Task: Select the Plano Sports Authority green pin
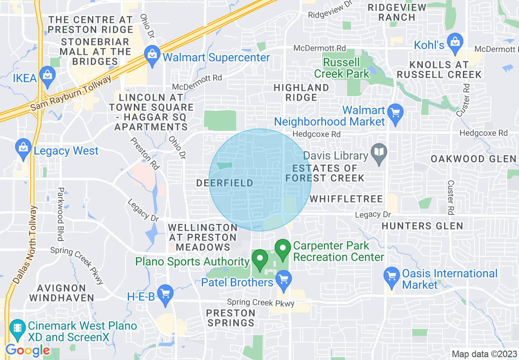click(259, 259)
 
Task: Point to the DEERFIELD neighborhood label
click(225, 183)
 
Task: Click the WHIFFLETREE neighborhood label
click(346, 199)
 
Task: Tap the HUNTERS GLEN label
click(422, 226)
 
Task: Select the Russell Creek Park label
click(342, 68)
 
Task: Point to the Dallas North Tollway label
click(25, 245)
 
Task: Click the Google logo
click(27, 350)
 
